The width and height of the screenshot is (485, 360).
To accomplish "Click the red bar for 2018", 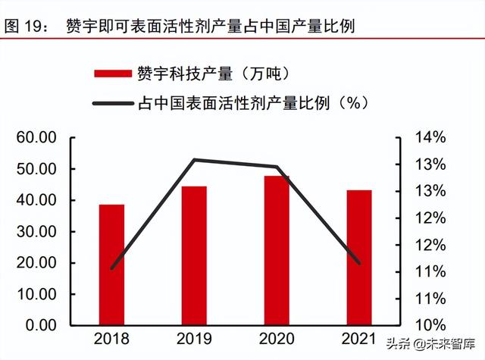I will [111, 265].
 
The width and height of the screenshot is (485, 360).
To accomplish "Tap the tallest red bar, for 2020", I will [277, 250].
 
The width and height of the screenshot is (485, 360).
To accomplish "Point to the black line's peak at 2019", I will [194, 160].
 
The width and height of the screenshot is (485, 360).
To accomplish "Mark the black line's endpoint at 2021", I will [359, 264].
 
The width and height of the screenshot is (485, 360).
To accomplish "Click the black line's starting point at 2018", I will [111, 268].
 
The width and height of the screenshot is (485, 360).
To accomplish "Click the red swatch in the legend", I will [113, 74].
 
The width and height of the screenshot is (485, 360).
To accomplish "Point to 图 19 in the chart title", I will [22, 26].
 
